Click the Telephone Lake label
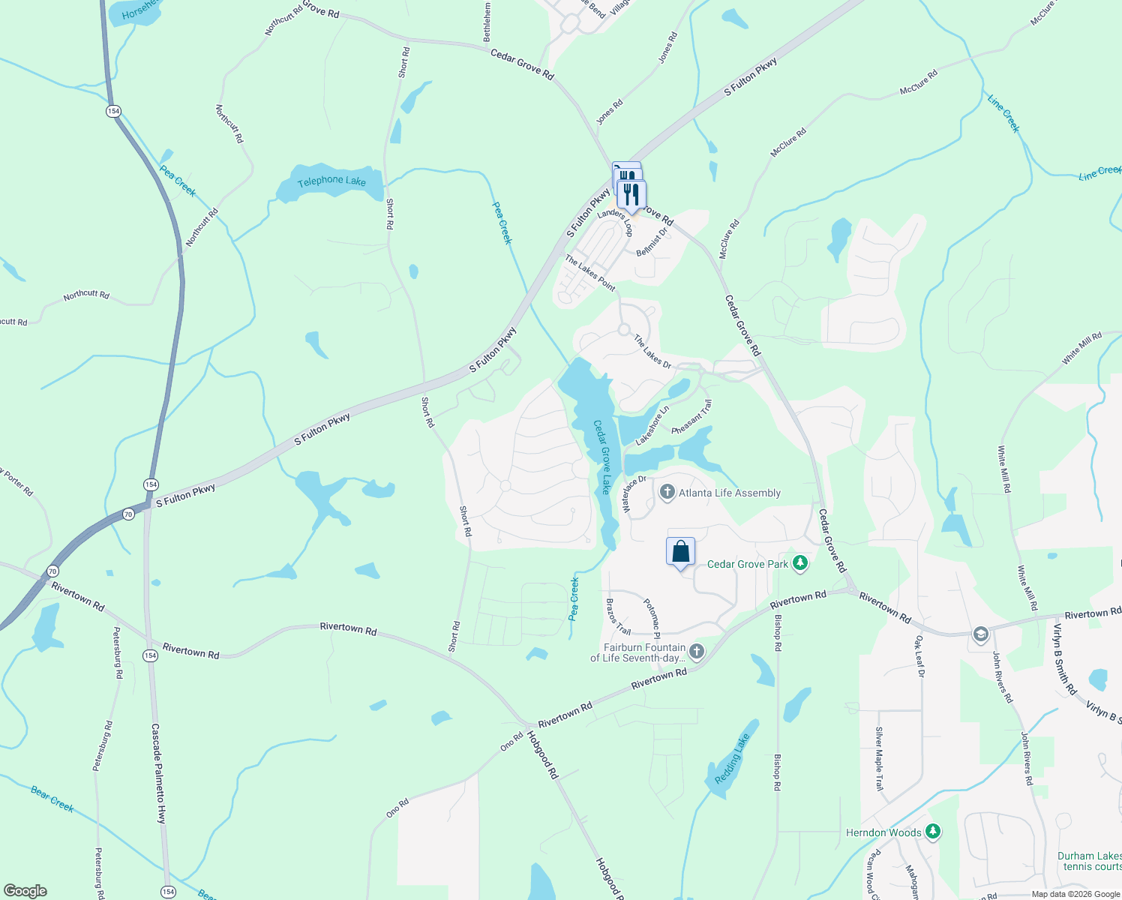coord(331,181)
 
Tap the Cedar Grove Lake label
coord(602,457)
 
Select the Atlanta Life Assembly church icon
coord(667,492)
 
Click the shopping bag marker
coord(680,552)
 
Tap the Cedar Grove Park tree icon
coord(800,563)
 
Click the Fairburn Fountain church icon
coord(697,651)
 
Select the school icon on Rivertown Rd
coord(980,634)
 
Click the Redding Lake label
coord(732,759)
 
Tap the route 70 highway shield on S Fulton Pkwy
coord(128,514)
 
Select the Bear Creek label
coord(52,799)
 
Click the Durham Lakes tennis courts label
coord(1089,861)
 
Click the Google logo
coord(25,891)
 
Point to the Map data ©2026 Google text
coord(1075,894)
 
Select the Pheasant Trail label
coord(691,417)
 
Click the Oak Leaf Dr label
coord(920,656)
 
